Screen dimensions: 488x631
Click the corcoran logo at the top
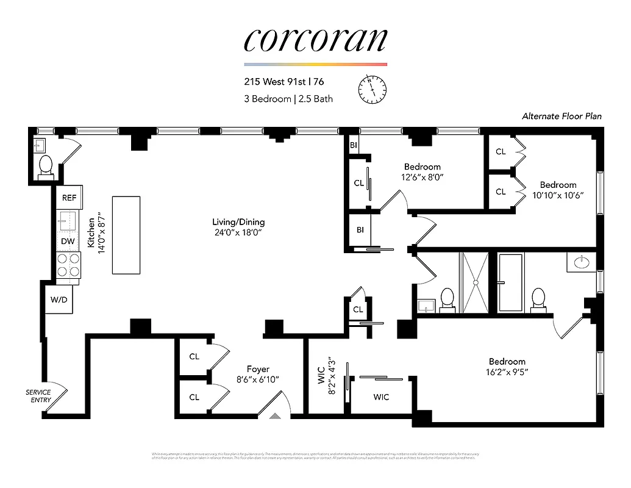pyautogui.click(x=315, y=40)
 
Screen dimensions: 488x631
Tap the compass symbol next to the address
pyautogui.click(x=372, y=90)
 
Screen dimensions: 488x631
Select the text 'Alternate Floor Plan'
pyautogui.click(x=561, y=116)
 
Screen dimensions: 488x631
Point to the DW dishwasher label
pyautogui.click(x=68, y=242)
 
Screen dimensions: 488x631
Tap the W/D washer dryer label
pyautogui.click(x=59, y=300)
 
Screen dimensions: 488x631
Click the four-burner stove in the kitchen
pyautogui.click(x=68, y=265)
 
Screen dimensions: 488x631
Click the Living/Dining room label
pyautogui.click(x=238, y=222)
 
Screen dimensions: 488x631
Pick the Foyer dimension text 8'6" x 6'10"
pyautogui.click(x=258, y=379)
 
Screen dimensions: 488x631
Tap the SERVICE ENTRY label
pyautogui.click(x=38, y=396)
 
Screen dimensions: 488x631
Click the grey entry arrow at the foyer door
pyautogui.click(x=275, y=415)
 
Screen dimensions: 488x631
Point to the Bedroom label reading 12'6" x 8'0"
pyautogui.click(x=422, y=178)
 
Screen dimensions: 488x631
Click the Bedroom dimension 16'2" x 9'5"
pyautogui.click(x=507, y=371)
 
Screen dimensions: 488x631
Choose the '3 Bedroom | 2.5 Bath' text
pyautogui.click(x=288, y=99)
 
